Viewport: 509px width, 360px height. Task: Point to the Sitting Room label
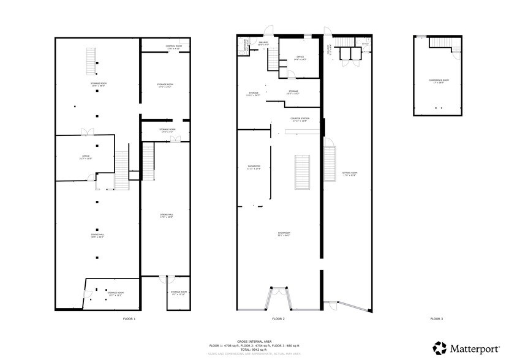(349, 174)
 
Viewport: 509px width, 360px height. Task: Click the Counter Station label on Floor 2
(300, 119)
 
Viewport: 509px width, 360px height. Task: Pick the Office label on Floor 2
(300, 59)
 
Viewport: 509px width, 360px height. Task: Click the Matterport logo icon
(439, 347)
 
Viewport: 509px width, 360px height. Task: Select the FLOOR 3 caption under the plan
(435, 319)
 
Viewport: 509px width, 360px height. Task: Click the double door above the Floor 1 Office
(86, 132)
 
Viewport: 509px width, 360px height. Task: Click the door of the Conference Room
(456, 53)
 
